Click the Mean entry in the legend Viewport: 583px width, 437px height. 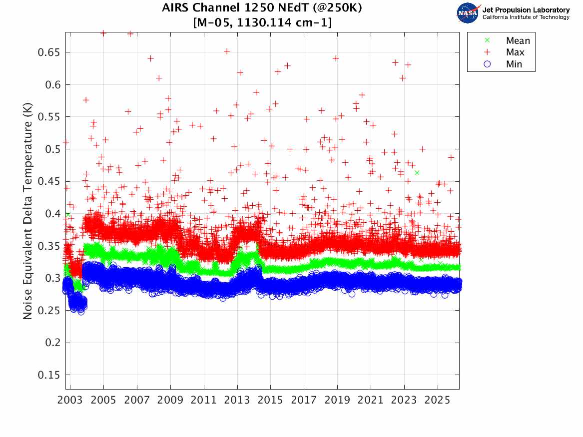(517, 41)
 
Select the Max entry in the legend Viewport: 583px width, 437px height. (515, 52)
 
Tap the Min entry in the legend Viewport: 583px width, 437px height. (514, 64)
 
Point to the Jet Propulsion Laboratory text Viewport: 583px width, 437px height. (526, 10)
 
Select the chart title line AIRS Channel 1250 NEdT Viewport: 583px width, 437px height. (262, 8)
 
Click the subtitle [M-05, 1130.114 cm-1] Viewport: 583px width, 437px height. (262, 22)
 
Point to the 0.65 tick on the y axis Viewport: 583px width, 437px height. (49, 52)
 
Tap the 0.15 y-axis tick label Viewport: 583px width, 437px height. (49, 375)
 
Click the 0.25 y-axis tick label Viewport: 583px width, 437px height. (49, 311)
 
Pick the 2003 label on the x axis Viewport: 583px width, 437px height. (70, 401)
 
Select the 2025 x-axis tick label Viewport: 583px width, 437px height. (438, 401)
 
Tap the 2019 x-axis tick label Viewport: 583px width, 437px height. (337, 401)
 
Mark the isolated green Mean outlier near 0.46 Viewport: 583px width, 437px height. (417, 173)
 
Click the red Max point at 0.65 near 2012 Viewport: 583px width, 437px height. (226, 51)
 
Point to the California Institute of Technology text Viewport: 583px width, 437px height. (526, 17)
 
